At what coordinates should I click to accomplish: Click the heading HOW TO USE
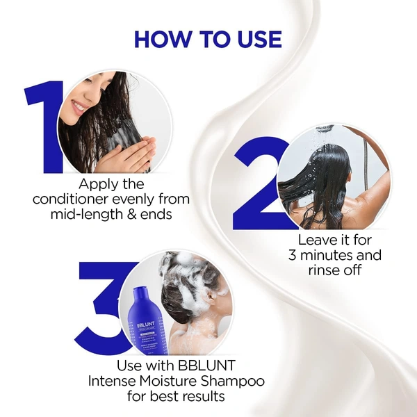[x=208, y=38]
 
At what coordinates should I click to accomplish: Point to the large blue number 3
[x=104, y=306]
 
